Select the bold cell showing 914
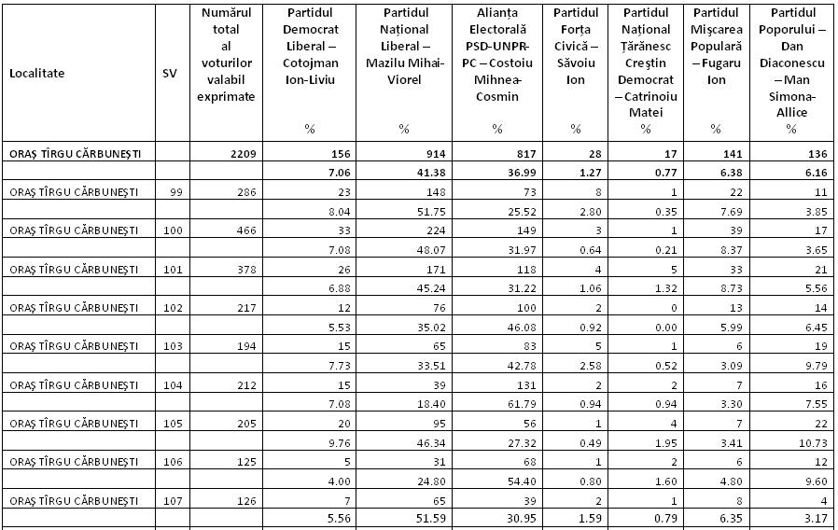pyautogui.click(x=409, y=153)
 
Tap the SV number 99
pyautogui.click(x=169, y=191)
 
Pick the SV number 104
pyautogui.click(x=168, y=384)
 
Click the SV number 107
pyautogui.click(x=168, y=499)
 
